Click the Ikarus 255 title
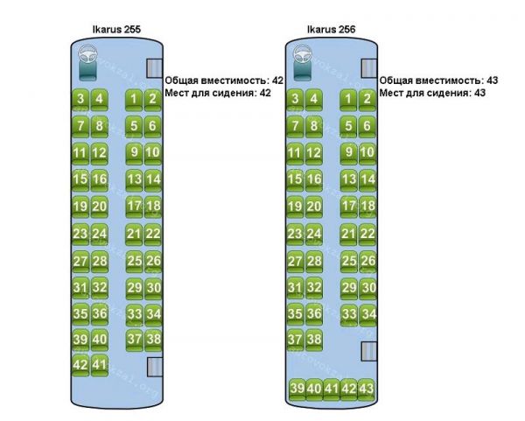coord(116,29)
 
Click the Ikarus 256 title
coord(331,29)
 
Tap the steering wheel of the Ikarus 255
coord(89,60)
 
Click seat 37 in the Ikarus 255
coord(134,339)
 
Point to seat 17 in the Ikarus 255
coord(134,207)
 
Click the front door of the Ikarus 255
coord(154,69)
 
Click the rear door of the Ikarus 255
coord(154,368)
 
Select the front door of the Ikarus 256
coord(369,69)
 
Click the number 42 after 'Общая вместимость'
coord(277,81)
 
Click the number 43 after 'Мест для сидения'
coord(479,93)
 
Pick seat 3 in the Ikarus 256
coord(297,99)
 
